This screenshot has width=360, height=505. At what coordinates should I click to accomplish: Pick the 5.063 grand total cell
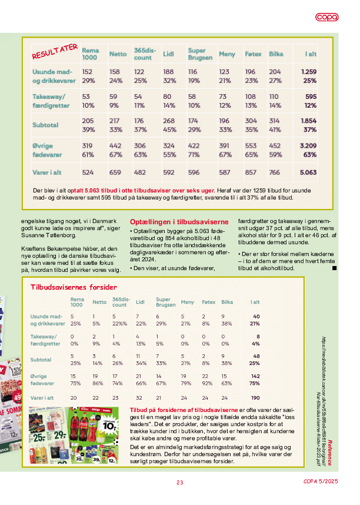[x=308, y=173]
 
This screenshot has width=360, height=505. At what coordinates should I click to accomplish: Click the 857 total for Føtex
[x=251, y=173]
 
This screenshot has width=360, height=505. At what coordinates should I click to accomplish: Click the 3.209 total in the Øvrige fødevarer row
[x=308, y=145]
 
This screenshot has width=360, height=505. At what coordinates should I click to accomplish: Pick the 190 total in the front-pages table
[x=255, y=398]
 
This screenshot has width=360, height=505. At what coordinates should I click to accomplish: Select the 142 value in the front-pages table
[x=255, y=376]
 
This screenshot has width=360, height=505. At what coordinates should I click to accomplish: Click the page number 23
[x=180, y=483]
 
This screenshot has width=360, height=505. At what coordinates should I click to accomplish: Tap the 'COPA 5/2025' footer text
[x=321, y=483]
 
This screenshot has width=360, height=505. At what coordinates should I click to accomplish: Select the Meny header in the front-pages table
[x=187, y=302]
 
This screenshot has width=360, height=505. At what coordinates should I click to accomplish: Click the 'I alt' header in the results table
[x=311, y=54]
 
